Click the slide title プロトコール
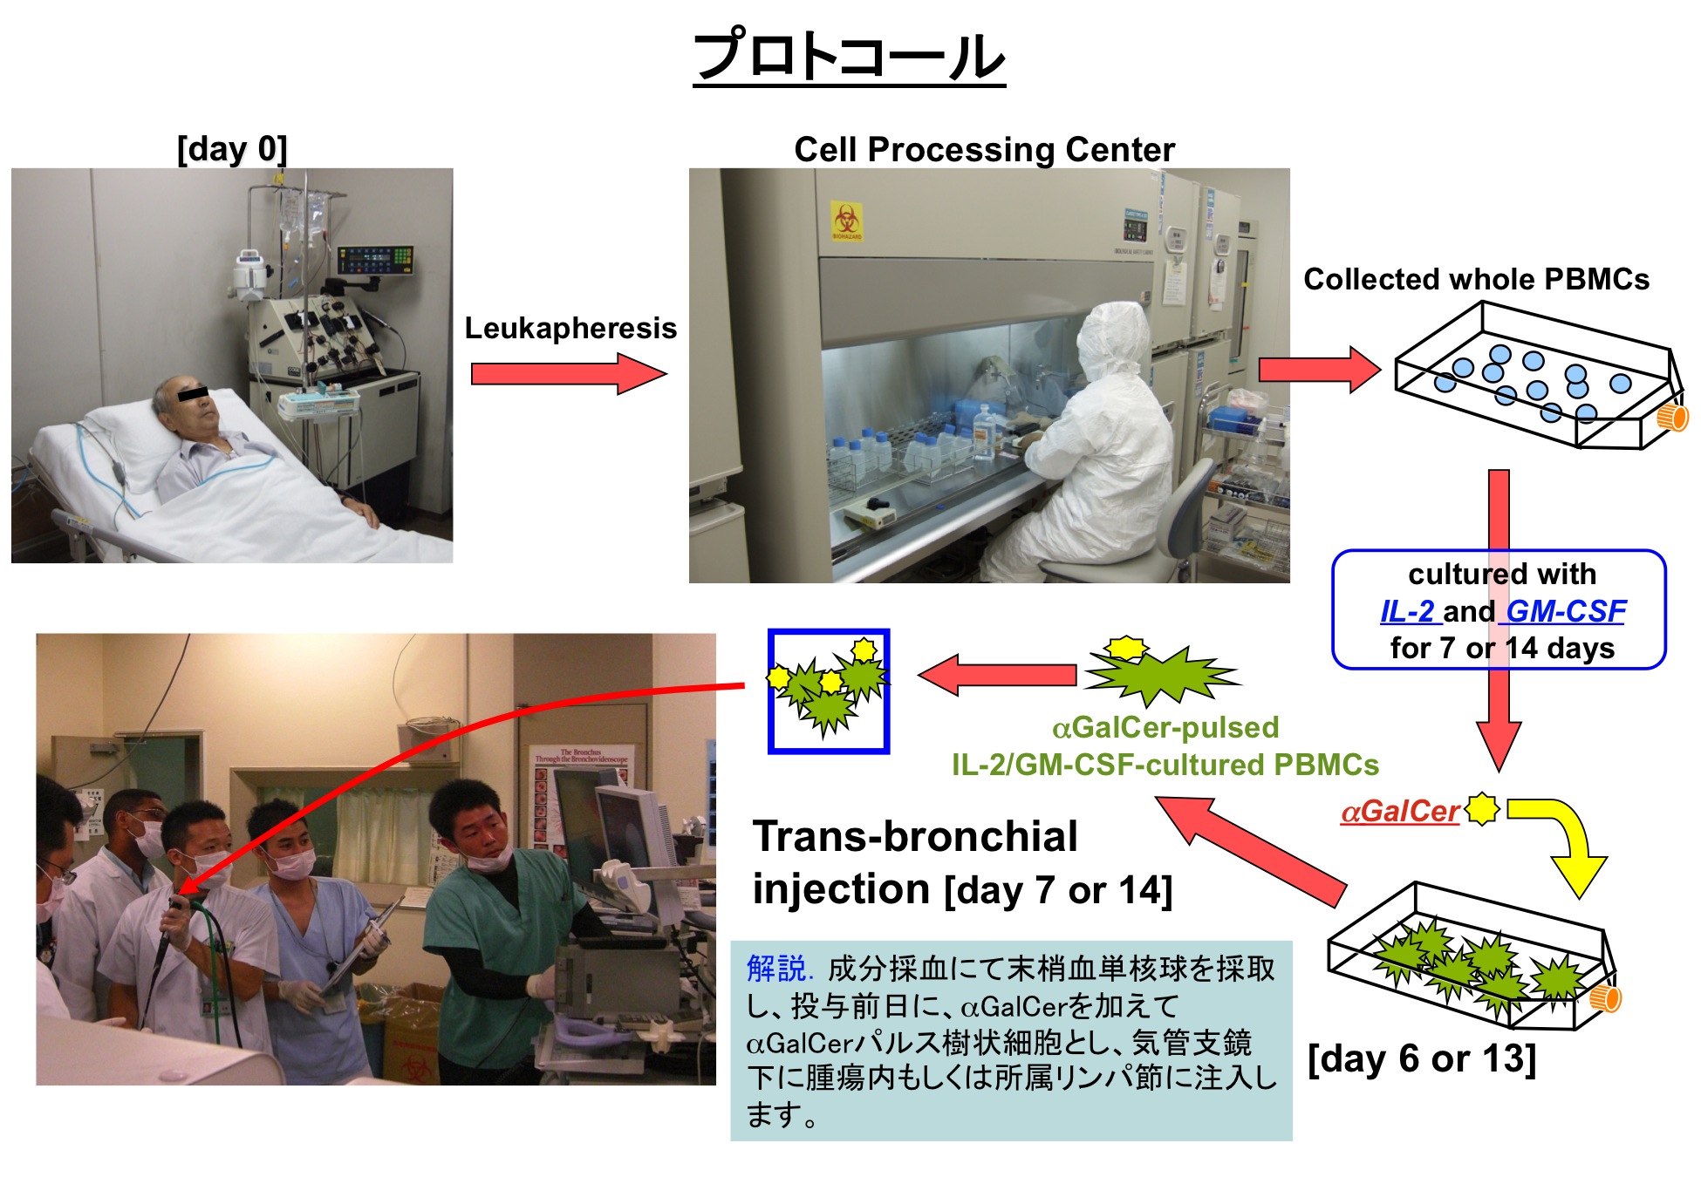click(849, 57)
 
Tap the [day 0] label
click(232, 149)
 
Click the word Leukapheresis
click(570, 328)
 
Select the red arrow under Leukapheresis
click(567, 374)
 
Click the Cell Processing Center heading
click(984, 150)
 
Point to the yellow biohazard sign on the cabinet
click(846, 221)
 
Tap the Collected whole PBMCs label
click(1476, 279)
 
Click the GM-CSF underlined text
click(1565, 611)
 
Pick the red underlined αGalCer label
click(1400, 812)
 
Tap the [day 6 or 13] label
click(1421, 1058)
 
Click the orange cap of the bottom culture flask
click(1605, 998)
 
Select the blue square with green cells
click(828, 691)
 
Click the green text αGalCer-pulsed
click(1165, 727)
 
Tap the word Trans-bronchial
click(915, 836)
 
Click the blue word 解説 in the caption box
click(777, 968)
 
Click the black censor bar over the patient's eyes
click(194, 394)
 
